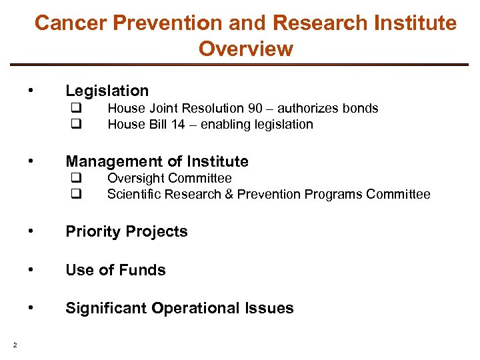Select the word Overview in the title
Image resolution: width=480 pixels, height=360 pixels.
(x=245, y=49)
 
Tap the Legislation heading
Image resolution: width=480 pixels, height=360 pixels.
(x=107, y=91)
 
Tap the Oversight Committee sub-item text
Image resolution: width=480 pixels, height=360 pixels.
(x=169, y=178)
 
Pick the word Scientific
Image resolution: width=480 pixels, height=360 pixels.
(x=133, y=194)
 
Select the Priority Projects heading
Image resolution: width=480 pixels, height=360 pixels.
(x=126, y=232)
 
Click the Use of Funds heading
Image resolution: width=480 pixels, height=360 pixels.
(x=115, y=270)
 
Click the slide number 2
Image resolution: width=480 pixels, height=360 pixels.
(x=14, y=345)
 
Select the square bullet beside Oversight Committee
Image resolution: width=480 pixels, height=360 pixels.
(x=76, y=179)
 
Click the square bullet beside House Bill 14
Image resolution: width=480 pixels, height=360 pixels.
(x=76, y=125)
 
